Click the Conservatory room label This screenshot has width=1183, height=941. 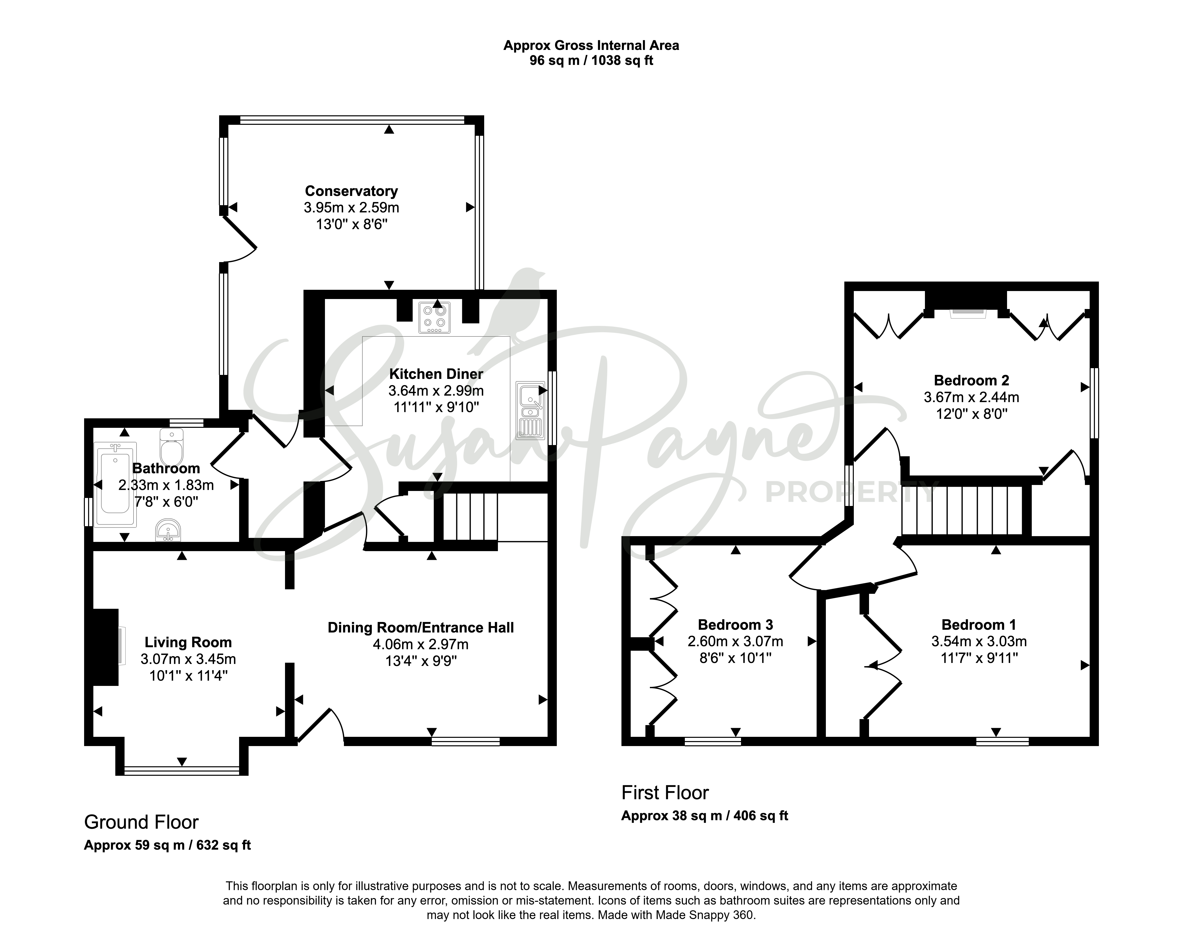pos(351,191)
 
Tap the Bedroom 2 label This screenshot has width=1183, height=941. pos(971,380)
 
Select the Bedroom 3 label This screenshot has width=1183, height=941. pos(735,625)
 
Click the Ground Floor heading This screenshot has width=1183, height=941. pos(141,822)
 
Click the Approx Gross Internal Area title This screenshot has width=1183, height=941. pos(591,45)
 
